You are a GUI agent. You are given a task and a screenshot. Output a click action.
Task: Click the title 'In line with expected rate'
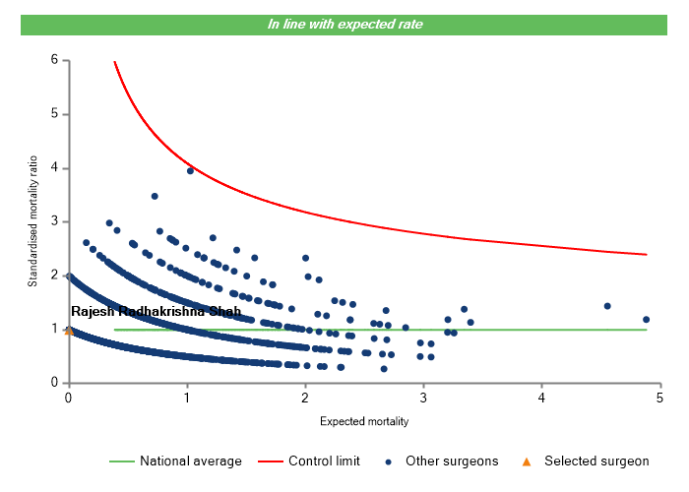pyautogui.click(x=345, y=25)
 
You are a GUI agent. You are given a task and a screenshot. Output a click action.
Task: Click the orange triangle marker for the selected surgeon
pyautogui.click(x=68, y=331)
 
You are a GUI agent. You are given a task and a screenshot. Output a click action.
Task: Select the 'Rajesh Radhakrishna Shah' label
pyautogui.click(x=156, y=312)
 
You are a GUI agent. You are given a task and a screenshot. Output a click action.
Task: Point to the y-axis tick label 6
pyautogui.click(x=53, y=60)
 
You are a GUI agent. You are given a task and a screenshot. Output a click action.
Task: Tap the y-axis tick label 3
pyautogui.click(x=53, y=221)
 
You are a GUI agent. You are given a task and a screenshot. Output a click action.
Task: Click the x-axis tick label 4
pyautogui.click(x=542, y=397)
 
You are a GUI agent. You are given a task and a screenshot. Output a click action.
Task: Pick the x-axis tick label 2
pyautogui.click(x=305, y=397)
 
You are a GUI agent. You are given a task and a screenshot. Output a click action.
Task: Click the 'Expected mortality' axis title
pyautogui.click(x=364, y=421)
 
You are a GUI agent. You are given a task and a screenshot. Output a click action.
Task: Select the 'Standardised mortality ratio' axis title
pyautogui.click(x=32, y=221)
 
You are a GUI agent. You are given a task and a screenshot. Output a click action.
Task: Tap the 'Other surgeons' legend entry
pyautogui.click(x=453, y=461)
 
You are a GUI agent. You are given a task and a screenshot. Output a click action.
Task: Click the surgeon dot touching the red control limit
pyautogui.click(x=190, y=170)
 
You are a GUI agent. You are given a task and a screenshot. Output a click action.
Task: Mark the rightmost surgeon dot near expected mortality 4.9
pyautogui.click(x=646, y=319)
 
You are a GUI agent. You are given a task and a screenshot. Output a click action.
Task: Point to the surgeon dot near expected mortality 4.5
pyautogui.click(x=607, y=306)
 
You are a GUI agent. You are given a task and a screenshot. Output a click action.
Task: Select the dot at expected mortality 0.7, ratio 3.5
pyautogui.click(x=155, y=196)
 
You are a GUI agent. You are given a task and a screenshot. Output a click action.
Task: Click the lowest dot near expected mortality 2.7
pyautogui.click(x=384, y=369)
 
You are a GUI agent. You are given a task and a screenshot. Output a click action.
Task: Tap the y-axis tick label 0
pyautogui.click(x=53, y=383)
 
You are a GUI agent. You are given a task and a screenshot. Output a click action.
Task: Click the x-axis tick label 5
pyautogui.click(x=660, y=397)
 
